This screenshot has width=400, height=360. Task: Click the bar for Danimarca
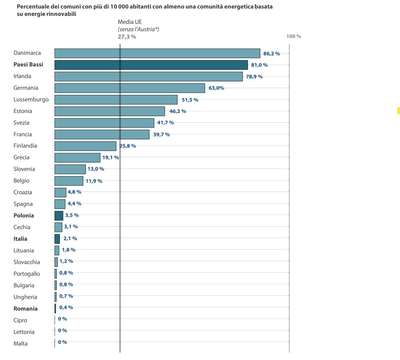tap(157, 53)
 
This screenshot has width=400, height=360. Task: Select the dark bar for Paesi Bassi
tap(151, 65)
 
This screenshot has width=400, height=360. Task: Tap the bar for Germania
tap(130, 88)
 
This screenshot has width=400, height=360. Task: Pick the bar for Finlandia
tap(85, 146)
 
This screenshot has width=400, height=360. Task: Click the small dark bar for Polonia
tap(59, 216)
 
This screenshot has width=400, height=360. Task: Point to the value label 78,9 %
tap(254, 77)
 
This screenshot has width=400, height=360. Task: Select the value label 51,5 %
tap(190, 100)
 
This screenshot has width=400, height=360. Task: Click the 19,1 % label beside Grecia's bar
tap(111, 158)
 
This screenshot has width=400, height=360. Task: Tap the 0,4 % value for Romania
tap(66, 307)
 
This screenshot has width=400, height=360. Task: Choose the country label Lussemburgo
tap(31, 100)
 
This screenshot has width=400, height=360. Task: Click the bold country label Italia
tap(20, 239)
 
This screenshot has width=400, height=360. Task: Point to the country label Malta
tap(20, 344)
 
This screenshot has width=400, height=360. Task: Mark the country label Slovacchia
tap(27, 262)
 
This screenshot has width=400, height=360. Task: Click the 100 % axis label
tap(293, 36)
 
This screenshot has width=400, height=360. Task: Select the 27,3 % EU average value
tap(127, 37)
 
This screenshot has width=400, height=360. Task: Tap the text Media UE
tap(130, 22)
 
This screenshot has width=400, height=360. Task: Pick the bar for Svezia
tap(104, 123)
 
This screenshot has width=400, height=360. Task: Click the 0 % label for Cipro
tap(62, 319)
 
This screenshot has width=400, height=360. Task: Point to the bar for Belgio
tap(69, 181)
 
